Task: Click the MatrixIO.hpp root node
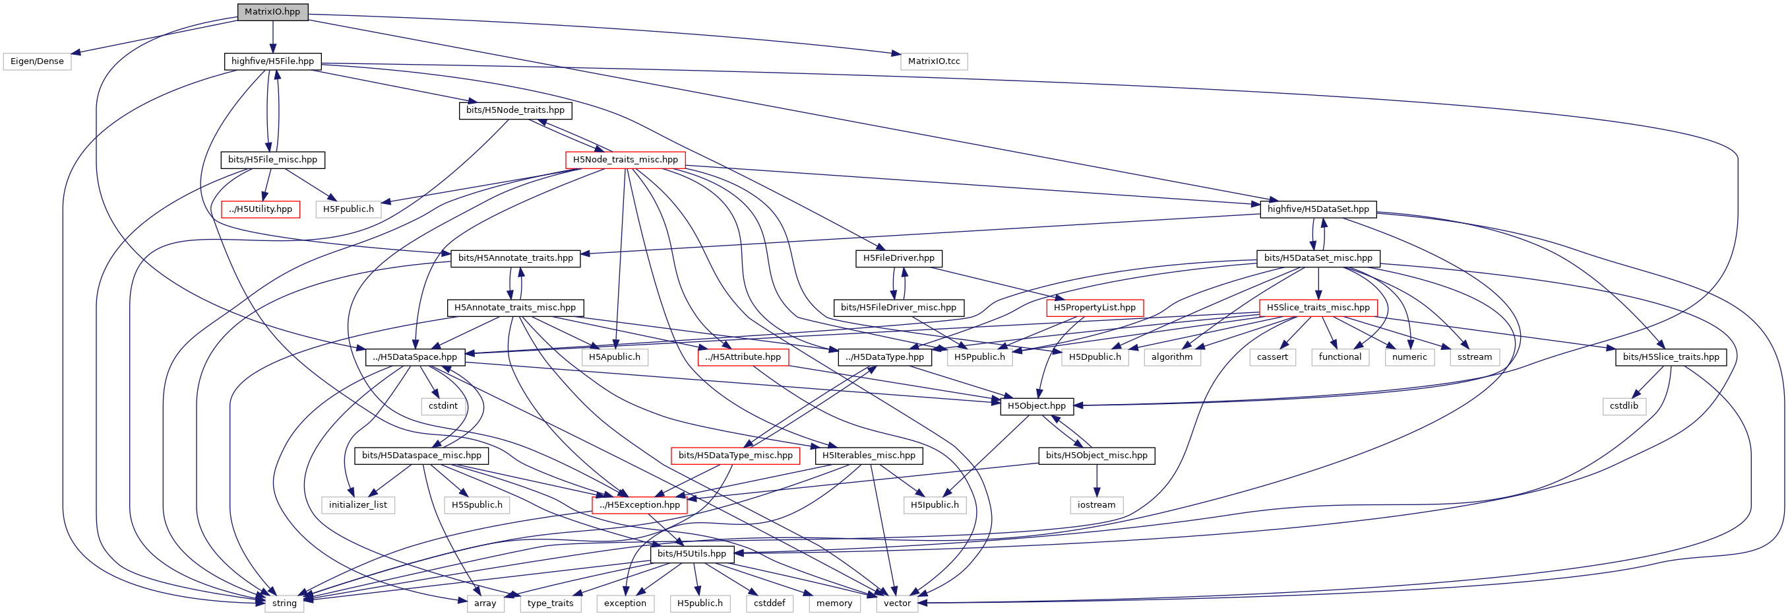click(272, 12)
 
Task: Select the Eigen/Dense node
click(37, 61)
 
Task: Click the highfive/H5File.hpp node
click(272, 61)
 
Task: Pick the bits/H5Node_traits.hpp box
click(515, 110)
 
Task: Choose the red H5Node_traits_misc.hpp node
click(625, 160)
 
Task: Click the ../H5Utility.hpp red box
click(261, 209)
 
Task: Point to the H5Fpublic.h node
click(348, 209)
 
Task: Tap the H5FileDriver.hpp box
click(898, 258)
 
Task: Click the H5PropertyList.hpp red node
click(1094, 308)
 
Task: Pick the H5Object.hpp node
click(1036, 406)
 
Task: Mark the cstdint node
click(443, 406)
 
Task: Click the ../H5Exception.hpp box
click(639, 505)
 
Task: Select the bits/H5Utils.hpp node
click(691, 554)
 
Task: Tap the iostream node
click(1096, 505)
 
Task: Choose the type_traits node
click(550, 603)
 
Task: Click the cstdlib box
click(1624, 406)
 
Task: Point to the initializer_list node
click(357, 505)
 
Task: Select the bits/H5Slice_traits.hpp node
click(1670, 357)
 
